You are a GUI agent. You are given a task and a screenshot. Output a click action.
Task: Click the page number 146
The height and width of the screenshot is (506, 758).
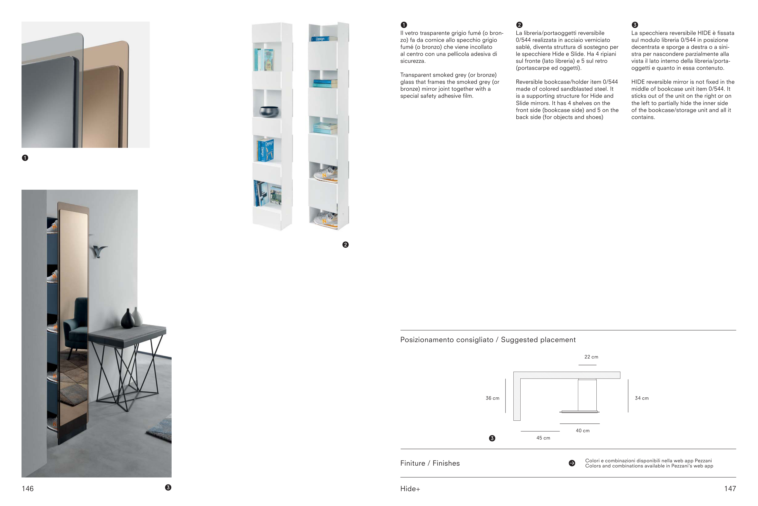[28, 489]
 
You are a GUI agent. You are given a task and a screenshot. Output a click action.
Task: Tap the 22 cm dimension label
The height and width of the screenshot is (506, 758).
[591, 357]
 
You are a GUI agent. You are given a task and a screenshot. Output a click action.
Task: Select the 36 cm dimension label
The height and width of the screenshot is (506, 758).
[492, 398]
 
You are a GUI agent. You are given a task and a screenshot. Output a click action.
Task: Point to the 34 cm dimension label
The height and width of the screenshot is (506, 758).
[642, 398]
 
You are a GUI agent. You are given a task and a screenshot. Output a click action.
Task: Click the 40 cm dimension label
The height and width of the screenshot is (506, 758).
[583, 430]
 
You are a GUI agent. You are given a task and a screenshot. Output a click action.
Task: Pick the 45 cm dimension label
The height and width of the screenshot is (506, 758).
[543, 438]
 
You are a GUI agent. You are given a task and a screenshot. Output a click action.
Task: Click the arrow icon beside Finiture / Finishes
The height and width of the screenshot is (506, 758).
[572, 463]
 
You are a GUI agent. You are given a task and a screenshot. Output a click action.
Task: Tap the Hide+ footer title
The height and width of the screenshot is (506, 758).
[410, 489]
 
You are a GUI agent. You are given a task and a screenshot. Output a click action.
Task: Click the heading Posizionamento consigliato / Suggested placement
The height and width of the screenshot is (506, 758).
[488, 340]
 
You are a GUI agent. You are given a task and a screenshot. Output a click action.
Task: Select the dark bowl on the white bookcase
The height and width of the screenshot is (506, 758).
[269, 111]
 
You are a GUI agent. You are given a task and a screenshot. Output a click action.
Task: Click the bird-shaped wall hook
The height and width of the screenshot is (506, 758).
[99, 251]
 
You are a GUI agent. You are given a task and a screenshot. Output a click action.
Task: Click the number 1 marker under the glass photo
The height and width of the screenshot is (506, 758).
[25, 158]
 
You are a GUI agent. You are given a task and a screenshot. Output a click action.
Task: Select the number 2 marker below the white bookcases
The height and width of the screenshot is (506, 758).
[345, 245]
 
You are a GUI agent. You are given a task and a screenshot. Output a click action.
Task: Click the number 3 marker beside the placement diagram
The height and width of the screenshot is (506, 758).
[492, 438]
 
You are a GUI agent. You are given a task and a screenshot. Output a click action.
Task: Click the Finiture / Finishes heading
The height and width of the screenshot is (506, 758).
[430, 464]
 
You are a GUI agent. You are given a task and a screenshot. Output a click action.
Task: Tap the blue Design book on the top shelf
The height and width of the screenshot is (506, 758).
[320, 39]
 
